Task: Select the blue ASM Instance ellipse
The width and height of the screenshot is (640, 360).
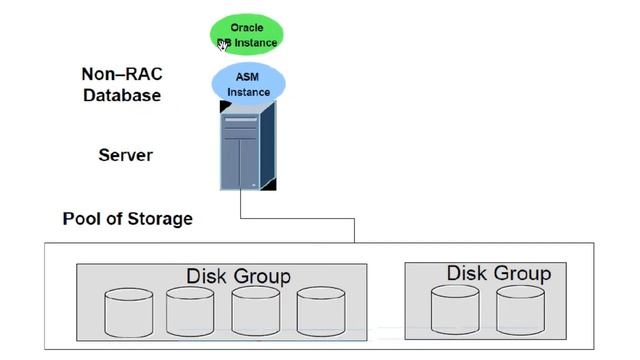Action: pyautogui.click(x=247, y=85)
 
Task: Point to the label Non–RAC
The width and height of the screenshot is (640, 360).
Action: pyautogui.click(x=121, y=74)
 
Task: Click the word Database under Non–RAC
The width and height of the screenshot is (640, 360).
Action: pyautogui.click(x=121, y=96)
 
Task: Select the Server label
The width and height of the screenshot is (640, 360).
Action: pyautogui.click(x=126, y=155)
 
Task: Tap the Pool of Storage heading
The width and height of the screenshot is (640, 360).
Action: pyautogui.click(x=127, y=218)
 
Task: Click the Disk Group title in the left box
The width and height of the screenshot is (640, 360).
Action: pyautogui.click(x=238, y=275)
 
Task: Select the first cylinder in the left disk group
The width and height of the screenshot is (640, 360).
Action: pyautogui.click(x=129, y=312)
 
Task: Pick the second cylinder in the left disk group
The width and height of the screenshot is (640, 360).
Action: pyautogui.click(x=191, y=312)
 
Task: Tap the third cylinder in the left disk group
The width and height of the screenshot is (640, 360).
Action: pyautogui.click(x=255, y=312)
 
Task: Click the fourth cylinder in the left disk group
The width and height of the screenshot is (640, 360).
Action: pyautogui.click(x=320, y=312)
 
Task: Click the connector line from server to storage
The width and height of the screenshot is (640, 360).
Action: pyautogui.click(x=300, y=215)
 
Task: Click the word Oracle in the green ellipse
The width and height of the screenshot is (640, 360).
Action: pyautogui.click(x=247, y=28)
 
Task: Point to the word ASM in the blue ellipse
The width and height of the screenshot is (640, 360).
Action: pyautogui.click(x=247, y=78)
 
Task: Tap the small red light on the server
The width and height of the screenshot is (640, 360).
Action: pyautogui.click(x=267, y=185)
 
